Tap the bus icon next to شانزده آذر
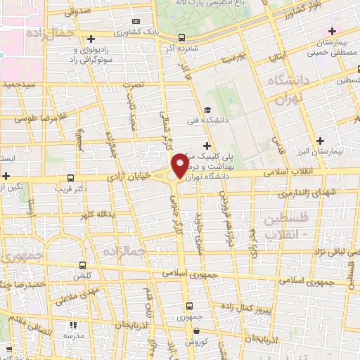pos(182,38)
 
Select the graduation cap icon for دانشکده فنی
pos(207,110)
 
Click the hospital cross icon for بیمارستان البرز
pos(321,141)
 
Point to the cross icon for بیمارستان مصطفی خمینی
pos(332,32)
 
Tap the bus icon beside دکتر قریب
pos(70,179)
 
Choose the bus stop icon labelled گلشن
pos(83,266)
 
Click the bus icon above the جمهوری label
pos(188,306)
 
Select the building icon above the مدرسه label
pos(72,325)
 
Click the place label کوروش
pos(194,341)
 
